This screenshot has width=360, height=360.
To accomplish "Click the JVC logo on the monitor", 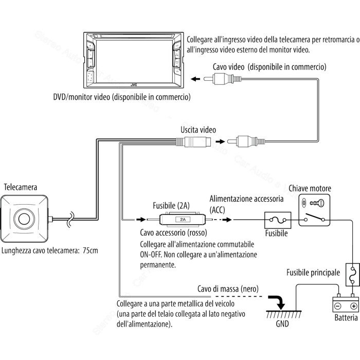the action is (x=134, y=85).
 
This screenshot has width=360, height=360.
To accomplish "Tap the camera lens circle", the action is (x=24, y=219).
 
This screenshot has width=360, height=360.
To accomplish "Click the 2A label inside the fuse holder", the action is (x=183, y=220).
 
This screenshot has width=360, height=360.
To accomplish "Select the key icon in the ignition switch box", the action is (x=317, y=203).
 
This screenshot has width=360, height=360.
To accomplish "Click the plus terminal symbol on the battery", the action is (x=354, y=306).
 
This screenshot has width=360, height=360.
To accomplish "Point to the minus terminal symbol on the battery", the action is (x=337, y=306).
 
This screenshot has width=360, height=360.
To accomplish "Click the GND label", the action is (x=282, y=323).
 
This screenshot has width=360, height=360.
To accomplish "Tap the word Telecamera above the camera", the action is (x=21, y=187).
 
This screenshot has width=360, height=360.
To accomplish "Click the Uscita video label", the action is (x=198, y=130).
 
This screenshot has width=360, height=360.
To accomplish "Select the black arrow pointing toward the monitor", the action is (x=195, y=79).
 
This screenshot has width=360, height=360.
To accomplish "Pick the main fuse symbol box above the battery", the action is (x=353, y=275).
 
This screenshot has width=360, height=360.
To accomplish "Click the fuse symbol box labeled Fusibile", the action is (x=278, y=220).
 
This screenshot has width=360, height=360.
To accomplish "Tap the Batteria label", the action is (x=346, y=317).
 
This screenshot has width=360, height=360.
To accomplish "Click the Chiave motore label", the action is (x=310, y=188).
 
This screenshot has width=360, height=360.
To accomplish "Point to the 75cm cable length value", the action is (x=91, y=250).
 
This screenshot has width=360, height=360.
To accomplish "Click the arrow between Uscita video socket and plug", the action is (x=220, y=141).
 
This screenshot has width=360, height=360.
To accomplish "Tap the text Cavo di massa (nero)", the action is (x=228, y=289).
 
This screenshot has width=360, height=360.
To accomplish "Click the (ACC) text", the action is (x=217, y=210).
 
